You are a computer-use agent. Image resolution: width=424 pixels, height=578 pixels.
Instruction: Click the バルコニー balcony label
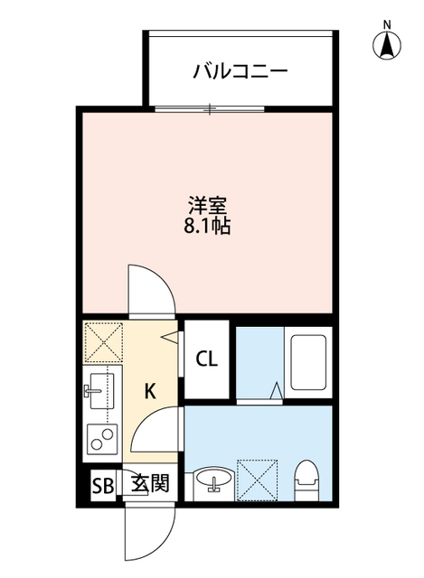[x=240, y=71]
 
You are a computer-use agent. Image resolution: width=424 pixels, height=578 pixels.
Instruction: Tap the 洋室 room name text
[x=207, y=206]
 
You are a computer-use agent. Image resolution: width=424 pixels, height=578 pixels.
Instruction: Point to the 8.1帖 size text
[x=207, y=226]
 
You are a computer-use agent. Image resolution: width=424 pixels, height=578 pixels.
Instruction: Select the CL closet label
[x=207, y=359]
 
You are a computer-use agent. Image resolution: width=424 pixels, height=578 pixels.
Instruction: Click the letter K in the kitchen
[x=150, y=391]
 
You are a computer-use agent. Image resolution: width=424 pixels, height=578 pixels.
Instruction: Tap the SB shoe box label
[x=103, y=486]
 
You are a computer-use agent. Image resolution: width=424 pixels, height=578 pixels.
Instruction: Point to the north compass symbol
[x=387, y=45]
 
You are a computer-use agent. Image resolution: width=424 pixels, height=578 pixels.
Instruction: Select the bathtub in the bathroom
[x=308, y=362]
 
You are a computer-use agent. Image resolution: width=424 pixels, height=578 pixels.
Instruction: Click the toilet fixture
[x=307, y=480]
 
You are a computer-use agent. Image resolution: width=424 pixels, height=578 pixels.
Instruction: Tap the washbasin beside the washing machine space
[x=214, y=480]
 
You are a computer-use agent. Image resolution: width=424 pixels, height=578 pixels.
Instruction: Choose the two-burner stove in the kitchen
[x=102, y=440]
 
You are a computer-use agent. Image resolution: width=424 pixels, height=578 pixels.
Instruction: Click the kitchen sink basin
[x=99, y=391]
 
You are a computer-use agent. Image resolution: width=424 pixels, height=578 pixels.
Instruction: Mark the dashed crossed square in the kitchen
[x=104, y=342]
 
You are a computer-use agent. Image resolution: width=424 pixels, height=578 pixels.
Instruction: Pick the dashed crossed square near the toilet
[x=258, y=480]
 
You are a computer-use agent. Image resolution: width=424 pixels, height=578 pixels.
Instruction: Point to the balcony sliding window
[x=210, y=108]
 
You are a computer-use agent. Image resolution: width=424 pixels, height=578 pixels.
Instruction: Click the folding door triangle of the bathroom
[x=277, y=391]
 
